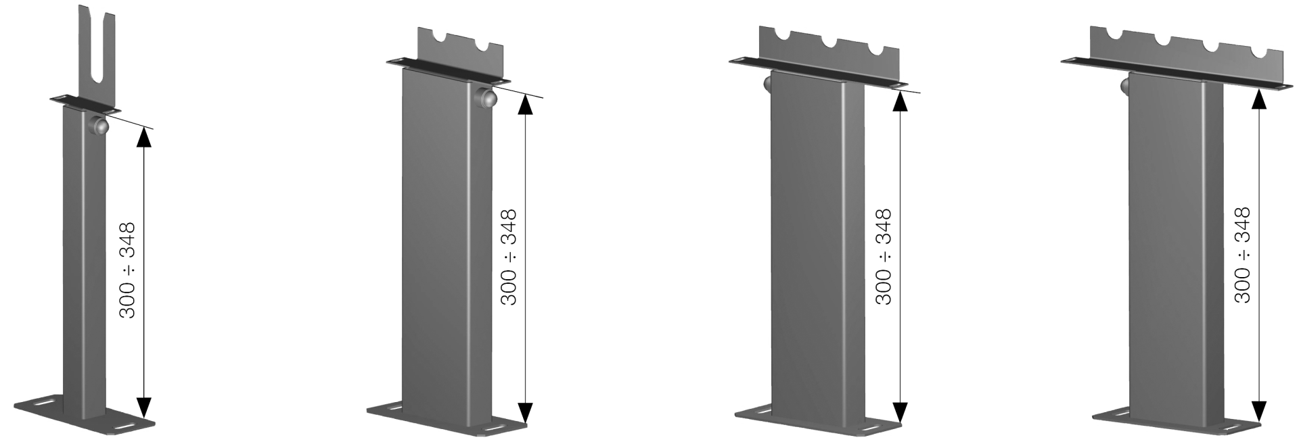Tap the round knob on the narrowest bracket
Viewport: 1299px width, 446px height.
coord(99,126)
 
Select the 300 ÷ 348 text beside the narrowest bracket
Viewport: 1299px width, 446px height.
coord(127,270)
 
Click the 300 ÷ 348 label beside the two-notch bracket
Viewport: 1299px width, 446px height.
coord(509,257)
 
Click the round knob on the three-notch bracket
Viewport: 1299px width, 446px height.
coord(768,85)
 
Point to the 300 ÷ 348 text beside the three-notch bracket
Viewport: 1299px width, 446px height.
coord(884,257)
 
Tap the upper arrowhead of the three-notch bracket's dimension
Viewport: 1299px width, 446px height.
coord(900,100)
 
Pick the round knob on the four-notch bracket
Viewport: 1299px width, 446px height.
coord(1124,86)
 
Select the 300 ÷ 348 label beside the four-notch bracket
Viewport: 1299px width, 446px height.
coord(1242,255)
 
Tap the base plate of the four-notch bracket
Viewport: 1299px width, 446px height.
coord(1177,426)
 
